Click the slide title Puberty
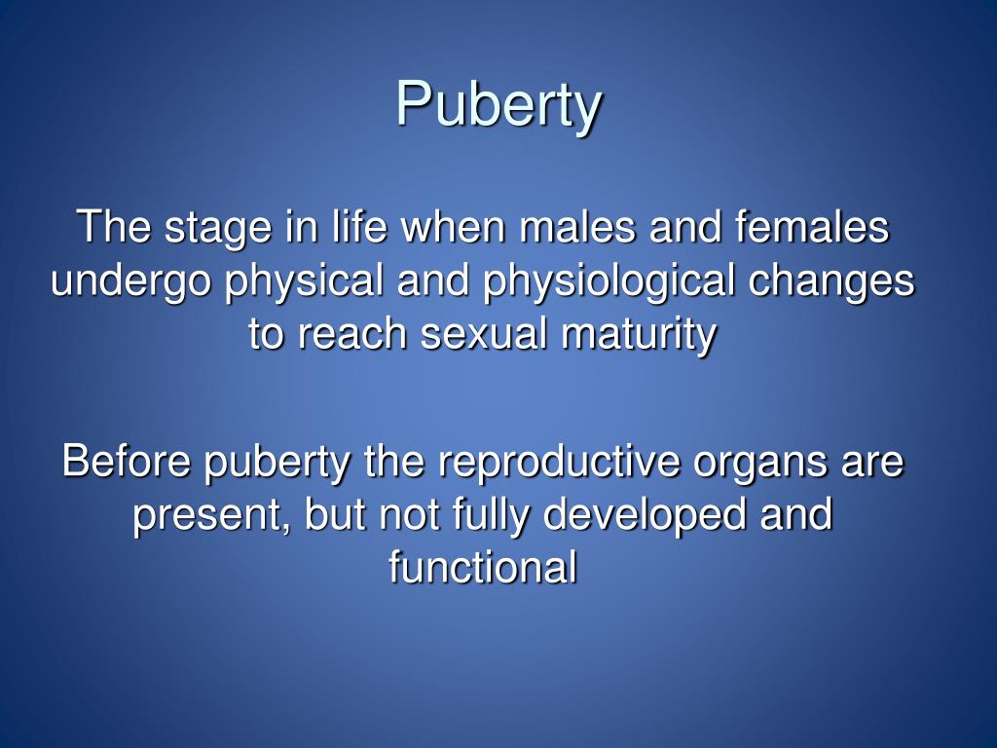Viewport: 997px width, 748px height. [498, 103]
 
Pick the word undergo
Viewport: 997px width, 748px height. [131, 282]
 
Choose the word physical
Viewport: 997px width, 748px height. [305, 282]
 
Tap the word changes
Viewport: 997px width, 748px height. [832, 282]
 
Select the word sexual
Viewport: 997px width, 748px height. [475, 335]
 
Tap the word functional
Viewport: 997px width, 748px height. [483, 567]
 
